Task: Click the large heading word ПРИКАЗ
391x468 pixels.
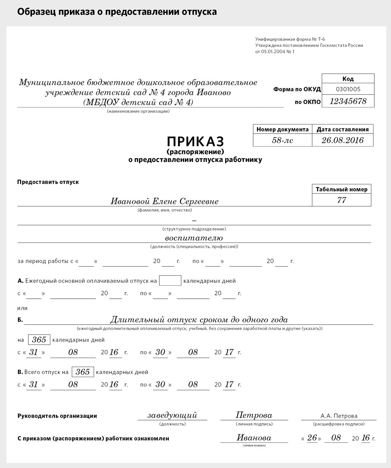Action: pos(195,141)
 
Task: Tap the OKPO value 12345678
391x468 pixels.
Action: pos(348,101)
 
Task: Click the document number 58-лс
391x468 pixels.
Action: pos(282,140)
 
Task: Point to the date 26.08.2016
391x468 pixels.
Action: pos(342,140)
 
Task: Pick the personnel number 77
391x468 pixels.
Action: pos(341,200)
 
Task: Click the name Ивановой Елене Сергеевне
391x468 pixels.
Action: pos(165,201)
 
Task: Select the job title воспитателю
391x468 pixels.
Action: pos(194,238)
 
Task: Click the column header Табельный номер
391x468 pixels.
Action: pos(341,189)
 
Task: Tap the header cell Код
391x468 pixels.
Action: pos(348,79)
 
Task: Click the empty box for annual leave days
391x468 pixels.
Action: pos(170,281)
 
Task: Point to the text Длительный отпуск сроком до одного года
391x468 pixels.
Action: pos(199,320)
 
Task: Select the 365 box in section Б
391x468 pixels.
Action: pos(39,340)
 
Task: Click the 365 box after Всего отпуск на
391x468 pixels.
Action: pos(83,372)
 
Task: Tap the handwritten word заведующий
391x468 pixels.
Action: pos(172,416)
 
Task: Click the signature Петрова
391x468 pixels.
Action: pos(254,416)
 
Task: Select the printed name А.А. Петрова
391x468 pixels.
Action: pos(339,416)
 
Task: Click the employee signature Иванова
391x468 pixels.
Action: pos(254,438)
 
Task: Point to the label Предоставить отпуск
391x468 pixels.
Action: pos(48,182)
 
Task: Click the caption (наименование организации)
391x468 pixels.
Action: pos(139,111)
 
